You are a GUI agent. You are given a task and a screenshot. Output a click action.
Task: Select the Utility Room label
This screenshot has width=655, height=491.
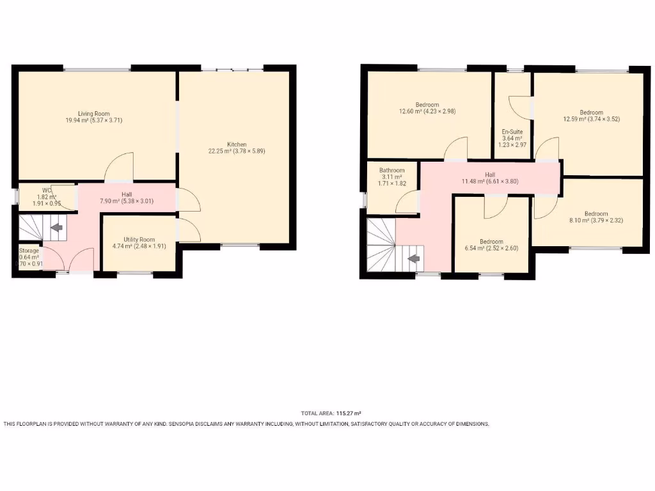[139, 240]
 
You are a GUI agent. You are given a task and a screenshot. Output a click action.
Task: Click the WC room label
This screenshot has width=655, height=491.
[47, 190]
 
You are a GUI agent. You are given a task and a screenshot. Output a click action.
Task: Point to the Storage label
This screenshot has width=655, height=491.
[29, 251]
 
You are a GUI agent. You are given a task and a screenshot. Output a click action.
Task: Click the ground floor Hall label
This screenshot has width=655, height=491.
[127, 194]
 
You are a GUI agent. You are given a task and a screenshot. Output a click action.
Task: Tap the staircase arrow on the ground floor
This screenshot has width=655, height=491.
[56, 227]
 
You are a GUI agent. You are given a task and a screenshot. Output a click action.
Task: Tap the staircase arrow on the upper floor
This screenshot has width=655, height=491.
[414, 259]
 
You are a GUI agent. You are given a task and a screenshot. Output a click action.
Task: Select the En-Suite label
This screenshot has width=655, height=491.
[512, 132]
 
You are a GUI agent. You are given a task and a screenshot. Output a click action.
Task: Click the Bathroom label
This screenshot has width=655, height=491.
[391, 170]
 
